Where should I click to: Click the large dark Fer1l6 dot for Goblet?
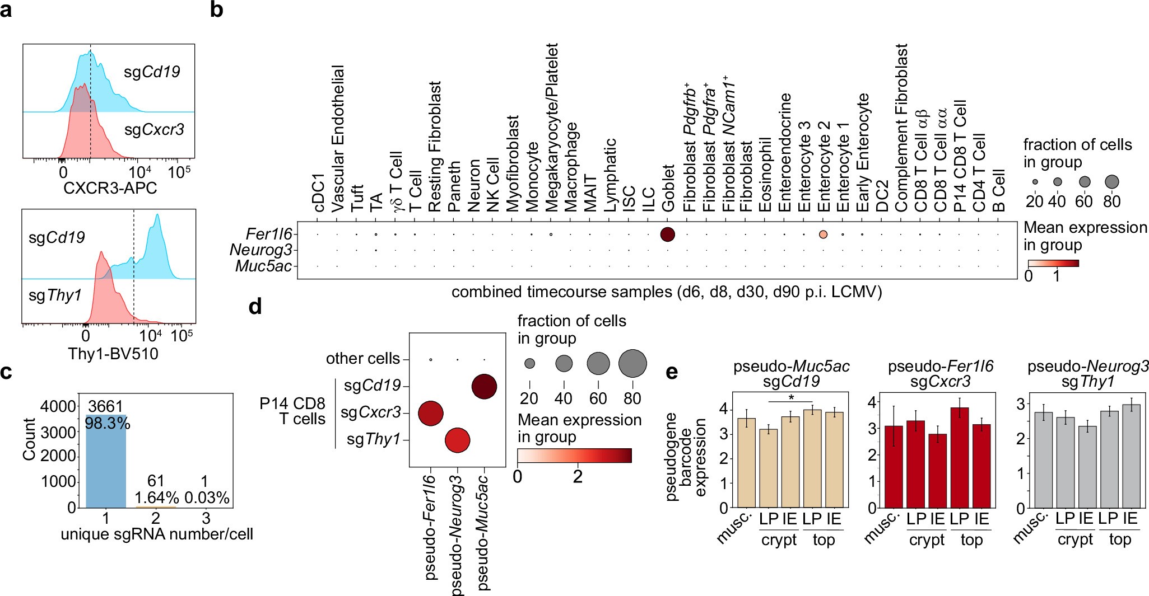[x=667, y=234]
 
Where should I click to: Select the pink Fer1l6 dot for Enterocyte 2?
[x=823, y=234]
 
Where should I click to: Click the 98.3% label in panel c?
[x=108, y=423]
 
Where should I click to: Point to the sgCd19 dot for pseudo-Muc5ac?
[x=484, y=386]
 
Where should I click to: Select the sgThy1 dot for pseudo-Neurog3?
[x=457, y=440]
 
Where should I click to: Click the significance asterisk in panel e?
[x=790, y=397]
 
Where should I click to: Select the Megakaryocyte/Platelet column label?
[x=552, y=127]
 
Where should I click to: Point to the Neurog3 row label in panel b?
[x=261, y=250]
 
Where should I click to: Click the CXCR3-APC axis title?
[x=110, y=188]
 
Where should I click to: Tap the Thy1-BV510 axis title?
[x=113, y=354]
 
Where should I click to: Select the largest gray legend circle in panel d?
[x=632, y=363]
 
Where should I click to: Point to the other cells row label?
[x=363, y=359]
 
